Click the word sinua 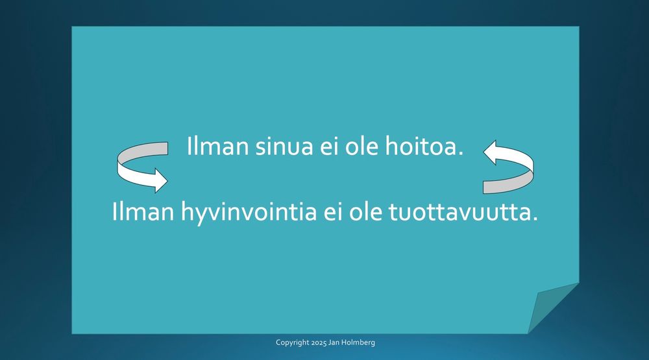pos(284,146)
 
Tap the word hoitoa pos(424,146)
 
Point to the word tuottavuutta pos(463,212)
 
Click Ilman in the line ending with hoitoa pos(217,146)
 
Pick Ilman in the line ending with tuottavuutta pos(143,212)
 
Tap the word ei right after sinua pos(329,146)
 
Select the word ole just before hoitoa pos(361,146)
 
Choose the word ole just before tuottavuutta pos(365,212)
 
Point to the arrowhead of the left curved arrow pos(161,181)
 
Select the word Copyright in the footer pos(293,342)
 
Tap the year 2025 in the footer pos(319,342)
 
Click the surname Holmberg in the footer pos(358,342)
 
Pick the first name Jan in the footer pos(334,342)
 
